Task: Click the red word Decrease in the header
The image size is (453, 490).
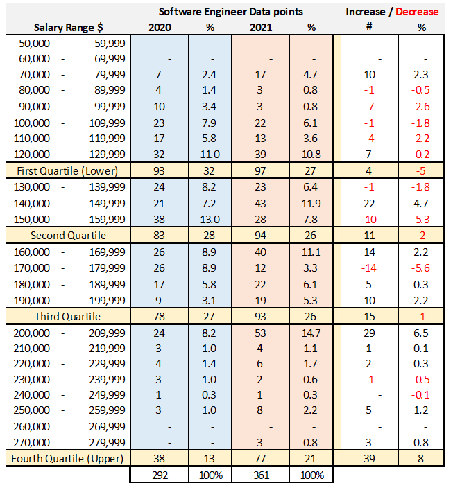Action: point(417,12)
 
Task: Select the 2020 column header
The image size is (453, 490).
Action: point(160,28)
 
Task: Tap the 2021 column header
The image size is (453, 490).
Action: point(261,28)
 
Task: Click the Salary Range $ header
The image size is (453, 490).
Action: point(68,28)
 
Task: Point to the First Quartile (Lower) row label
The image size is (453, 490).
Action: point(67,171)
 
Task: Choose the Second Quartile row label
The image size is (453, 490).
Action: point(68,236)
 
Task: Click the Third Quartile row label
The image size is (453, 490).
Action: point(67,316)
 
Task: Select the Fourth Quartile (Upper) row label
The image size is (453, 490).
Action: point(67,458)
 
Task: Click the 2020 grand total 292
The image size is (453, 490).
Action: point(160,475)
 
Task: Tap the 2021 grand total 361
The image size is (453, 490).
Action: point(261,475)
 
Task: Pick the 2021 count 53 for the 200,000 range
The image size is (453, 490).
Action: point(260,333)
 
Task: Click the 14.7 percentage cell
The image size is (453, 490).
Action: point(311,333)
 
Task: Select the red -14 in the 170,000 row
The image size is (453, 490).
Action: point(369,268)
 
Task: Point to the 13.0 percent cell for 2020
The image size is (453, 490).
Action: point(210,220)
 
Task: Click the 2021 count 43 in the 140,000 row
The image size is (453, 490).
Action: point(260,204)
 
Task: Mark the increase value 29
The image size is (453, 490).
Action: point(369,333)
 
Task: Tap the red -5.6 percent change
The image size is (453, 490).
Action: point(420,268)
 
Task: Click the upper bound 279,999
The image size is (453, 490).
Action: point(107,443)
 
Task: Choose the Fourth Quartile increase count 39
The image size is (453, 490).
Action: point(369,458)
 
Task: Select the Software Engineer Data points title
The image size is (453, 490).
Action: point(231,12)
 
